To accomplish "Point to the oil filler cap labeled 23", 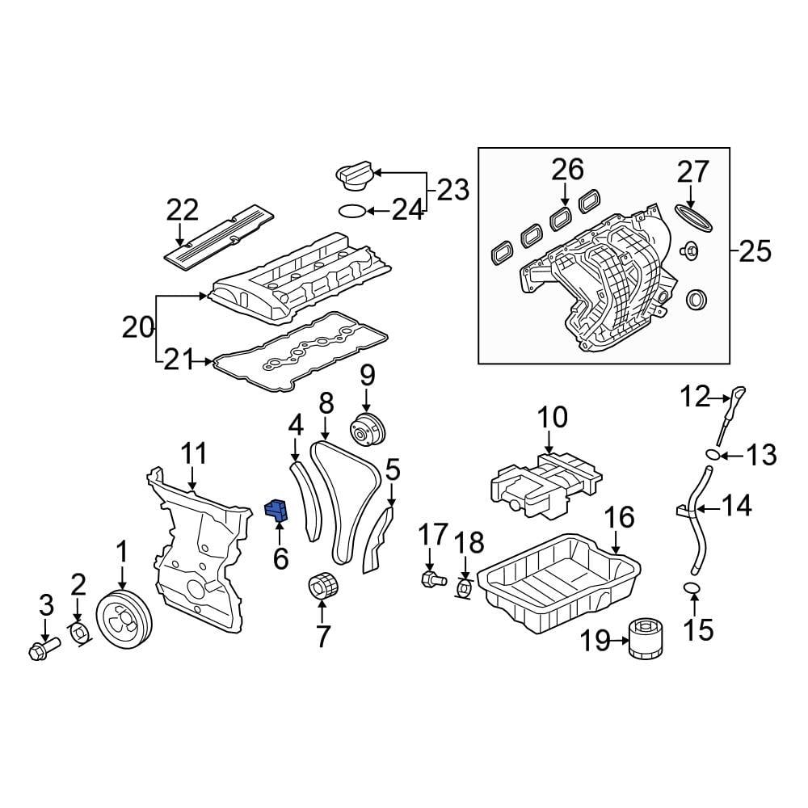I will point(354,175).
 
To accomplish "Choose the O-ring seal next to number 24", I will point(350,212).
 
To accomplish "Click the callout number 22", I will point(182,210).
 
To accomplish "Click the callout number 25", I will point(755,252).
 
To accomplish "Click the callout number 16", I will point(620,518).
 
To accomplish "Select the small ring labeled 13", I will point(712,454).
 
